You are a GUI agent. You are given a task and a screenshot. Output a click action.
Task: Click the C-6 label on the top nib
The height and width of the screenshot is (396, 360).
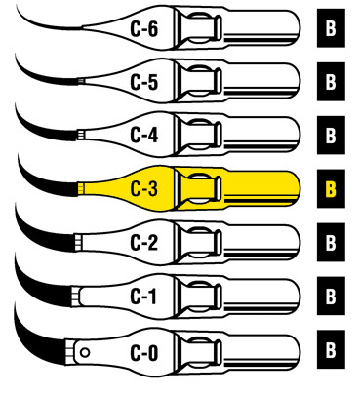[144, 30]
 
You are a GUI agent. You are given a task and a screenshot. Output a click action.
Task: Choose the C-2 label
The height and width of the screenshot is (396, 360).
[144, 239]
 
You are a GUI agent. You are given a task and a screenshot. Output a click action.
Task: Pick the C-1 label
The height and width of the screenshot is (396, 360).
[144, 293]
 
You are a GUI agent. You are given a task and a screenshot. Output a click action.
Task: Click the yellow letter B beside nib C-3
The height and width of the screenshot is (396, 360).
[330, 188]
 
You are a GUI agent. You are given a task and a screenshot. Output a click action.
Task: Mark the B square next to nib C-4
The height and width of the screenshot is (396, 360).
[330, 135]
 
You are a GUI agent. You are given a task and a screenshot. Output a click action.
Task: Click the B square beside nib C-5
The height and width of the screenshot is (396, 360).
[330, 82]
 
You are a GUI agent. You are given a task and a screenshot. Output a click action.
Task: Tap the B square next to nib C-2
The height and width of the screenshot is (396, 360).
[330, 241]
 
